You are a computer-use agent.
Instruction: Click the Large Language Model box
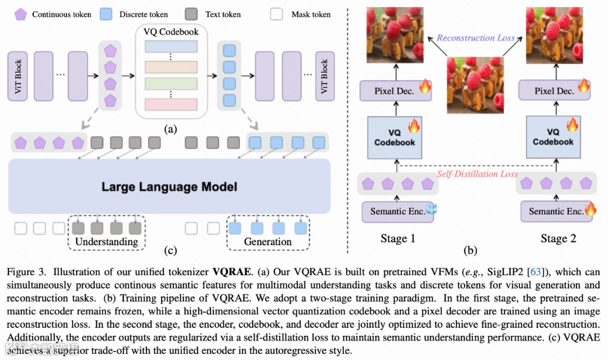(169, 186)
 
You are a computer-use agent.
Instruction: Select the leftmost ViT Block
(17, 76)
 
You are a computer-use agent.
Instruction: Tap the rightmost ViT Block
(325, 76)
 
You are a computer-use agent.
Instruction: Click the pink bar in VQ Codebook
(171, 104)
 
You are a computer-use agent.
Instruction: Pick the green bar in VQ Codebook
(171, 84)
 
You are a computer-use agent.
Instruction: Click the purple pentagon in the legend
(21, 15)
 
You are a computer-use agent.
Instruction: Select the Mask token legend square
(276, 14)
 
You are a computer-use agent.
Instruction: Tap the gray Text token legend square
(191, 14)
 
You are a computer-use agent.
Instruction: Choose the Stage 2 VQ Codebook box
(553, 137)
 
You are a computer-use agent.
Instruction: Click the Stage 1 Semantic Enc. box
(397, 211)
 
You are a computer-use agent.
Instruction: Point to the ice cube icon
(431, 209)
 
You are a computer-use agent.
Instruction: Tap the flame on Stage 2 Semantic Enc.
(591, 209)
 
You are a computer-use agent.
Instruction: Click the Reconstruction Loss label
(476, 38)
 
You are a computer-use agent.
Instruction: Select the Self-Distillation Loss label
(477, 174)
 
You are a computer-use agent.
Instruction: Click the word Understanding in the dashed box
(106, 242)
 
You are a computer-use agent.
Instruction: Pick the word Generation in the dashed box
(268, 242)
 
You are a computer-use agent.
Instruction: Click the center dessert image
(475, 85)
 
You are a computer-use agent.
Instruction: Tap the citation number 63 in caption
(535, 272)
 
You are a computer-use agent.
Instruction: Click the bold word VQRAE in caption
(231, 272)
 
